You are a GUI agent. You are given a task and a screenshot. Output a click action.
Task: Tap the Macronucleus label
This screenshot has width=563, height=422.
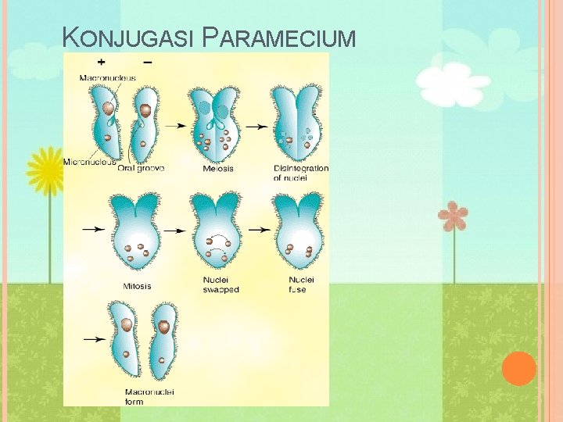[x=107, y=77]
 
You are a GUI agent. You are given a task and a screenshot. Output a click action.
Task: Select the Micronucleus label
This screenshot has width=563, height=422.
[x=89, y=162]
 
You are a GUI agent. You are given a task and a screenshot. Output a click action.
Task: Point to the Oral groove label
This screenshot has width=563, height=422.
[x=141, y=168]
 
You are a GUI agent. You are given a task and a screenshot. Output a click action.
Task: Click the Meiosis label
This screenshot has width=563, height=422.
[x=217, y=168]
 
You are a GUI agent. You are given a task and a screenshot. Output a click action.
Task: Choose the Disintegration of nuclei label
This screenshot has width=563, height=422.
[x=301, y=173]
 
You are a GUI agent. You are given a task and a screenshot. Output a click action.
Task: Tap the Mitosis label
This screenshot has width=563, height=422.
[x=137, y=285]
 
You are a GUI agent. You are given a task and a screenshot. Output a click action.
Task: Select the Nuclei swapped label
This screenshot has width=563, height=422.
[x=220, y=284]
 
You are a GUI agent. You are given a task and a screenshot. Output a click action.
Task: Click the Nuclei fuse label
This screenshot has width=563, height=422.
[x=301, y=284]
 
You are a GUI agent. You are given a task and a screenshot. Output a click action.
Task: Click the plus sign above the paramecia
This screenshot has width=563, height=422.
[x=102, y=63]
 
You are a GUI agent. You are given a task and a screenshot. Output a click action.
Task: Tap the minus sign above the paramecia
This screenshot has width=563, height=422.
[x=148, y=63]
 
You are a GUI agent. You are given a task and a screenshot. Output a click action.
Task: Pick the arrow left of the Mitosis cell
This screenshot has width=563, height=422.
[x=94, y=230]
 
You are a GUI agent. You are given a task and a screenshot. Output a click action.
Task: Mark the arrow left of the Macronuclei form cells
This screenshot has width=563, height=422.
[x=94, y=339]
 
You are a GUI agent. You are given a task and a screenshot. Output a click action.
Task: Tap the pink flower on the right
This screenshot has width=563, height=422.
[x=452, y=216]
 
